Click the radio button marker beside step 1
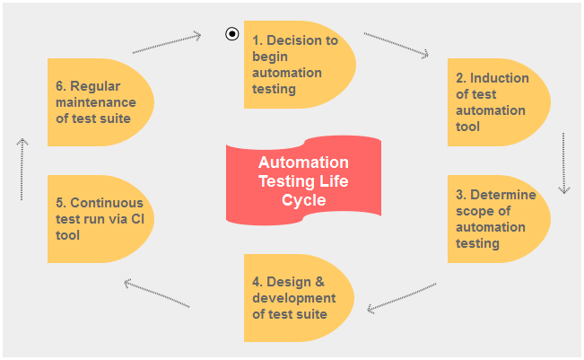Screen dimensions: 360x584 (x=232, y=34)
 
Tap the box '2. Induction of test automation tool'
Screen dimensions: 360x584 (x=498, y=102)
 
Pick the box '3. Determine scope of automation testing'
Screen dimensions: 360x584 (x=498, y=219)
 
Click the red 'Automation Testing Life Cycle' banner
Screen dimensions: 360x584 (x=303, y=180)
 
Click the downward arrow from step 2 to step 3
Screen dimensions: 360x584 (x=564, y=163)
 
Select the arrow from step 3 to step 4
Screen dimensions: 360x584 (x=402, y=297)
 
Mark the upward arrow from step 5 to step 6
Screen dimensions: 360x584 (x=22, y=168)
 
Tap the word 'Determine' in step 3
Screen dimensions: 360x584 (x=502, y=195)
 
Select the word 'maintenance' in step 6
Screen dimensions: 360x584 (x=95, y=102)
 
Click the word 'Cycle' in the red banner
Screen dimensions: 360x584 (x=303, y=200)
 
